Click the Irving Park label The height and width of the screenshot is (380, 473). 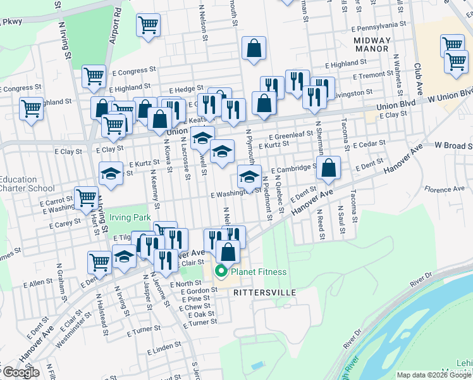[130, 217]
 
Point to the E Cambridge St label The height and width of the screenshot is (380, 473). [293, 169]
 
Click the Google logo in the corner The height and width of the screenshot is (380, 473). [20, 372]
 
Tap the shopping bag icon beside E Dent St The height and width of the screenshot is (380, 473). [329, 168]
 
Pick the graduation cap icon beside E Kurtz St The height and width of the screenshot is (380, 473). [111, 174]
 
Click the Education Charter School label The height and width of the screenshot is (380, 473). [27, 184]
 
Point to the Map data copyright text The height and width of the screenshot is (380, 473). [434, 375]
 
